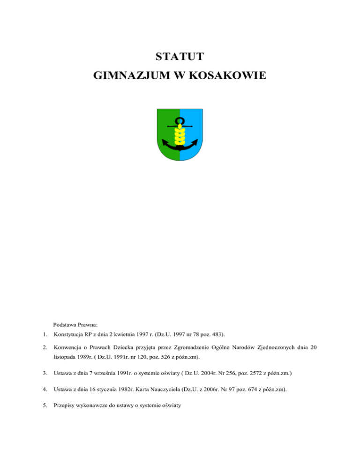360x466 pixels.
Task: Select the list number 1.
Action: pos(44,334)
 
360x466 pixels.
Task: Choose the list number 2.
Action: pos(44,348)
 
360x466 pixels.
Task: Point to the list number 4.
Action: pos(44,389)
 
